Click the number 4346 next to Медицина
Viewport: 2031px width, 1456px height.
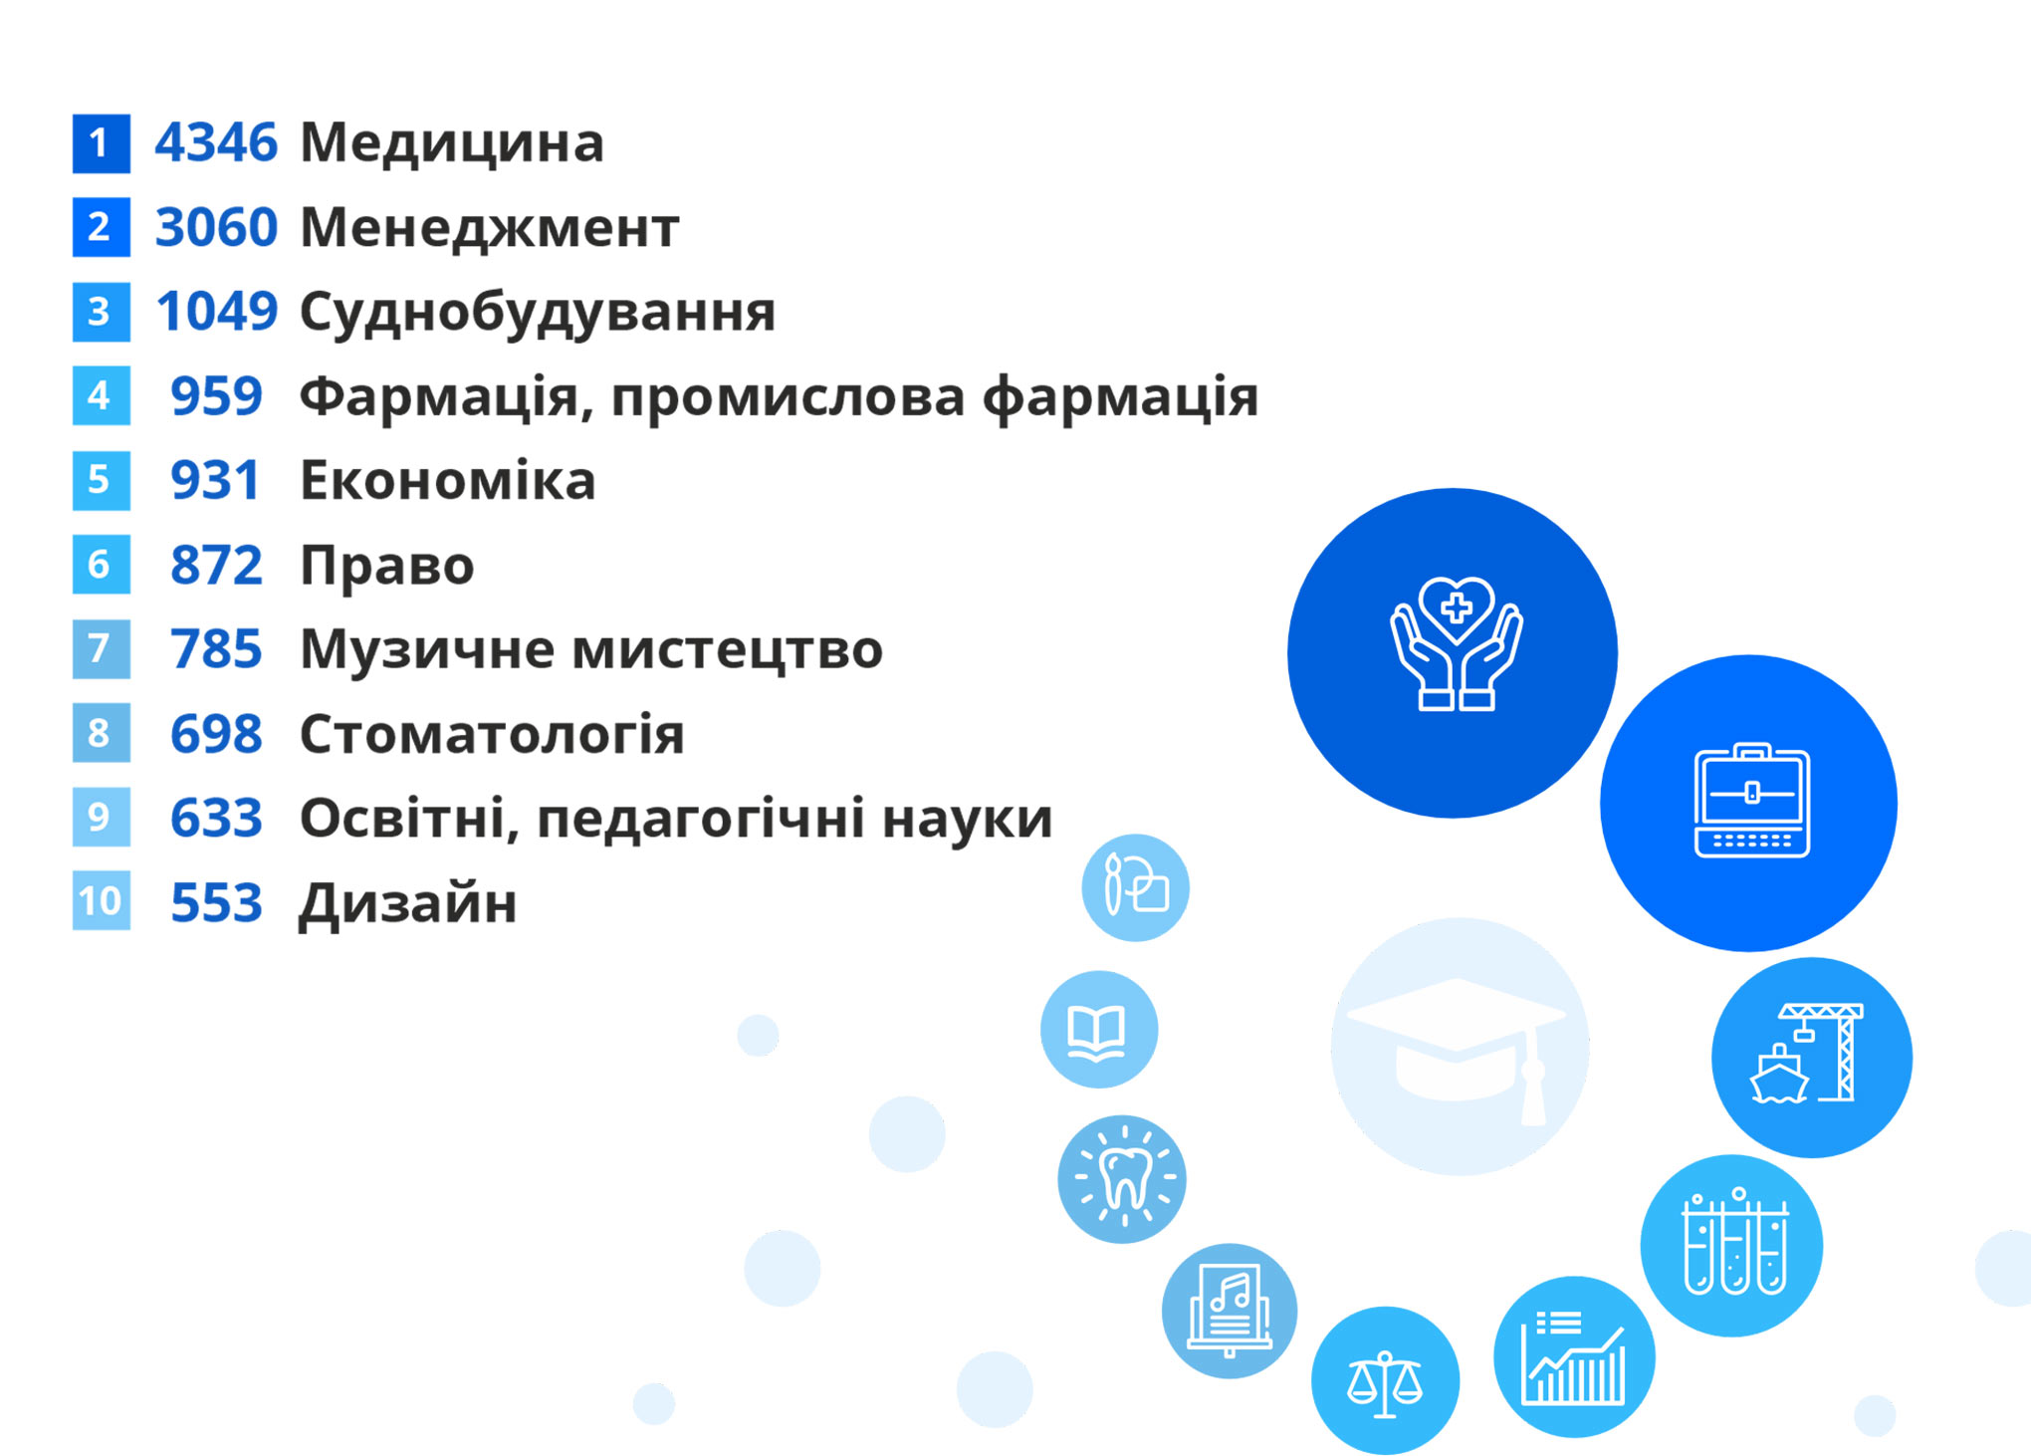click(215, 142)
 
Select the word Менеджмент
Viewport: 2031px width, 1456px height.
click(490, 228)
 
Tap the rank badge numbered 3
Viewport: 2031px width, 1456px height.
click(102, 313)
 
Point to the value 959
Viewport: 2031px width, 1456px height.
click(216, 396)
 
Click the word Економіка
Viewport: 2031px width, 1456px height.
click(448, 480)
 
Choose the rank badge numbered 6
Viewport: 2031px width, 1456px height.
click(102, 565)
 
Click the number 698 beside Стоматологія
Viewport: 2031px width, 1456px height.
click(216, 734)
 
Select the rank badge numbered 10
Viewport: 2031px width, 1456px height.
click(102, 901)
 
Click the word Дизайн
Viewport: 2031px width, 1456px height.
click(408, 904)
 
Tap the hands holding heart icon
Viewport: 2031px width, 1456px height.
click(1457, 643)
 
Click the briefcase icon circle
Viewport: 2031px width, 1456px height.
click(1749, 803)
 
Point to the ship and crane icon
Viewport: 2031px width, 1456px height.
click(1806, 1054)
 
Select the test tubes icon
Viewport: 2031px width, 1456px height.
click(1734, 1242)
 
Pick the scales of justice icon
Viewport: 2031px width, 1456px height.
click(1385, 1383)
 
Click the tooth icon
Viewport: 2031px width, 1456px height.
click(1124, 1178)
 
